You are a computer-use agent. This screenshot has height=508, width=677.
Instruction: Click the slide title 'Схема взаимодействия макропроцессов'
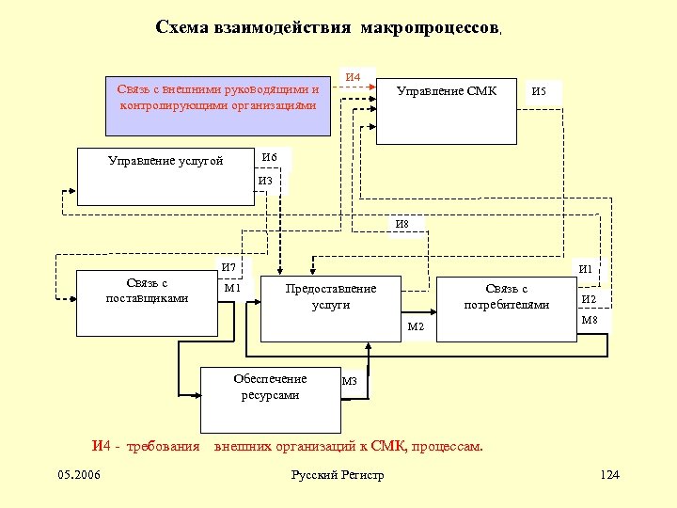(x=328, y=27)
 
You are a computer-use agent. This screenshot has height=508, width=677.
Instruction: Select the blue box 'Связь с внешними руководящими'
(x=219, y=97)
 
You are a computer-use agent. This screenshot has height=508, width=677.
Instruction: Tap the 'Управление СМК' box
(x=446, y=110)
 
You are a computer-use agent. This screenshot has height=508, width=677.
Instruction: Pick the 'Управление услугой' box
(x=166, y=176)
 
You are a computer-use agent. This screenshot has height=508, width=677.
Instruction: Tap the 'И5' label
(x=540, y=92)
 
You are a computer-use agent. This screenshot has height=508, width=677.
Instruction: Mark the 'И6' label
(x=270, y=157)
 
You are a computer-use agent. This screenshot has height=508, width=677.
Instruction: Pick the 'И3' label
(x=265, y=181)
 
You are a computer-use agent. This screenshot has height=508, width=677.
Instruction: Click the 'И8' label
(x=402, y=224)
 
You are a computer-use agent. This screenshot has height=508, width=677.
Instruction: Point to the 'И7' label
(x=228, y=268)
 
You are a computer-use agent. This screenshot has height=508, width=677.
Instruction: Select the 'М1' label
(x=232, y=288)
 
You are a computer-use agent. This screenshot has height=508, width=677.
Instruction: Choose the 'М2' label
(x=415, y=326)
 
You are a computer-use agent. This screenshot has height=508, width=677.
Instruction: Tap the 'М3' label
(x=350, y=381)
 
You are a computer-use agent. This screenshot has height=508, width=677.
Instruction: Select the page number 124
(x=609, y=475)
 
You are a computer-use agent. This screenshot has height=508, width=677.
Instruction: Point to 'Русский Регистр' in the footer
(x=338, y=475)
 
